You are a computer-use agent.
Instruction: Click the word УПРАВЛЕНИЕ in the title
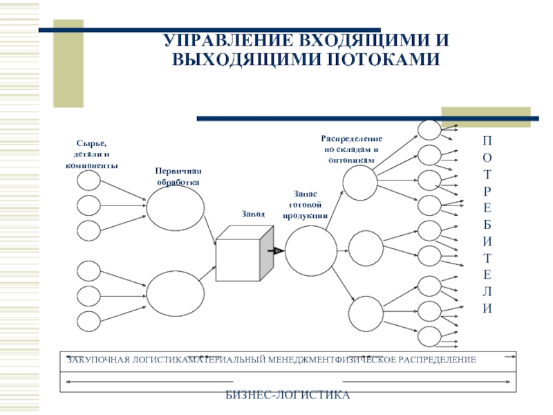pos(229,40)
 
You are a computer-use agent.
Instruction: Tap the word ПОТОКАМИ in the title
pos(383,59)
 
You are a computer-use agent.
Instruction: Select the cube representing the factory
pos(245,253)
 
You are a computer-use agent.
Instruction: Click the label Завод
pos(253,214)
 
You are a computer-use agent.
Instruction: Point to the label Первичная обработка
pos(178,176)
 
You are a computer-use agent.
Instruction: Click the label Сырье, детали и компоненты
pos(92,154)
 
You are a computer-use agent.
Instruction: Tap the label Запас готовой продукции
pos(306,205)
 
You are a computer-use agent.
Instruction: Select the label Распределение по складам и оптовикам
pos(352,149)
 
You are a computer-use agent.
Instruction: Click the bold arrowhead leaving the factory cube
pos(278,251)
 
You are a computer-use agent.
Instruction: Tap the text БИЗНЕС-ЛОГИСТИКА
pos(288,395)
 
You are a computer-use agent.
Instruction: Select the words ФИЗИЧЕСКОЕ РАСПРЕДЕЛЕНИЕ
pos(406,360)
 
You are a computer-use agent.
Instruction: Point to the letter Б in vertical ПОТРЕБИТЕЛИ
pos(487,224)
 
